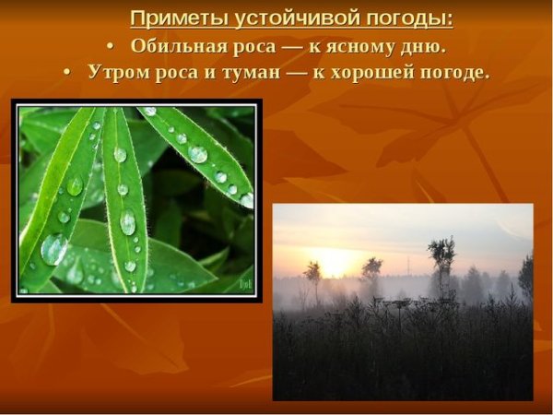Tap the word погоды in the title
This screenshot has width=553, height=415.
click(405, 19)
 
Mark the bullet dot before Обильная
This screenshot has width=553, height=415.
click(111, 47)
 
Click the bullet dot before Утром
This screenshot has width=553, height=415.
click(67, 73)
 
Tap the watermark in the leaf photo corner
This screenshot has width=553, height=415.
click(243, 285)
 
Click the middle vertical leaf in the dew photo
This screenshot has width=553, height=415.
click(124, 194)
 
